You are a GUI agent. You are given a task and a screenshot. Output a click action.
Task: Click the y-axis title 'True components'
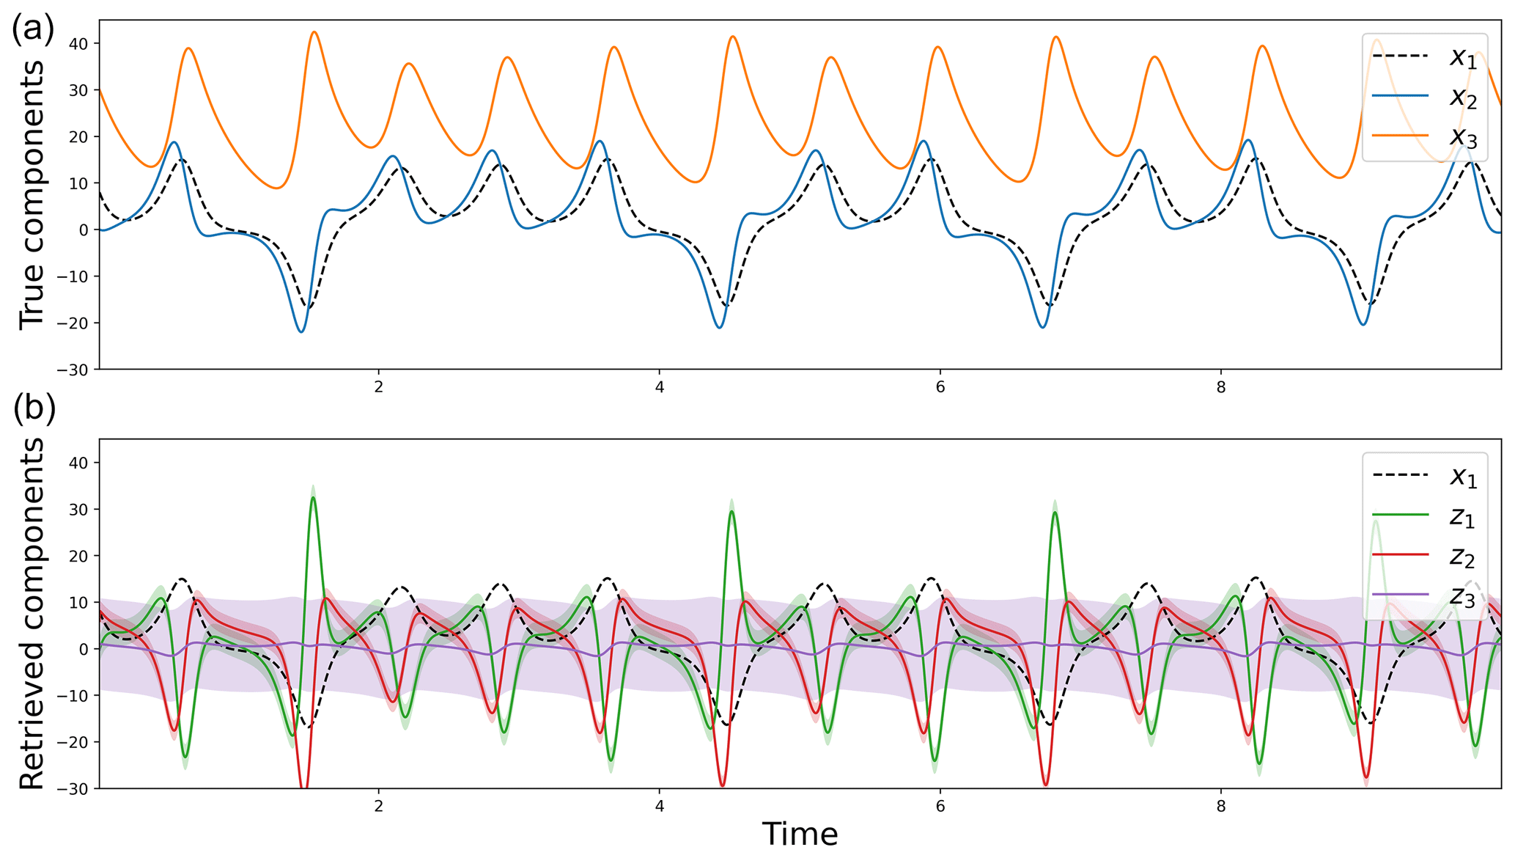(x=32, y=194)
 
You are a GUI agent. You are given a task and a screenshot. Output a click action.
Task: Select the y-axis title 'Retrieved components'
(x=32, y=614)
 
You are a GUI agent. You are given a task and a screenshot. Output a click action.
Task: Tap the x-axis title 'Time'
(x=800, y=835)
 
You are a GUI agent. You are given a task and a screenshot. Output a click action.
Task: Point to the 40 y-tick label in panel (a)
(x=78, y=44)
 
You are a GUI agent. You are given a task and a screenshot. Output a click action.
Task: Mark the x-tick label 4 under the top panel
(x=660, y=387)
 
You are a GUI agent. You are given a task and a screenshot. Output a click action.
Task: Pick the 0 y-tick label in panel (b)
(x=84, y=649)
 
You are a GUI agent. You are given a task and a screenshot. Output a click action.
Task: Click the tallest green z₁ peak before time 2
(x=313, y=498)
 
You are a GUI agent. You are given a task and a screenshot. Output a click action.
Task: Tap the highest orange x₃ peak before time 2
(x=314, y=32)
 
